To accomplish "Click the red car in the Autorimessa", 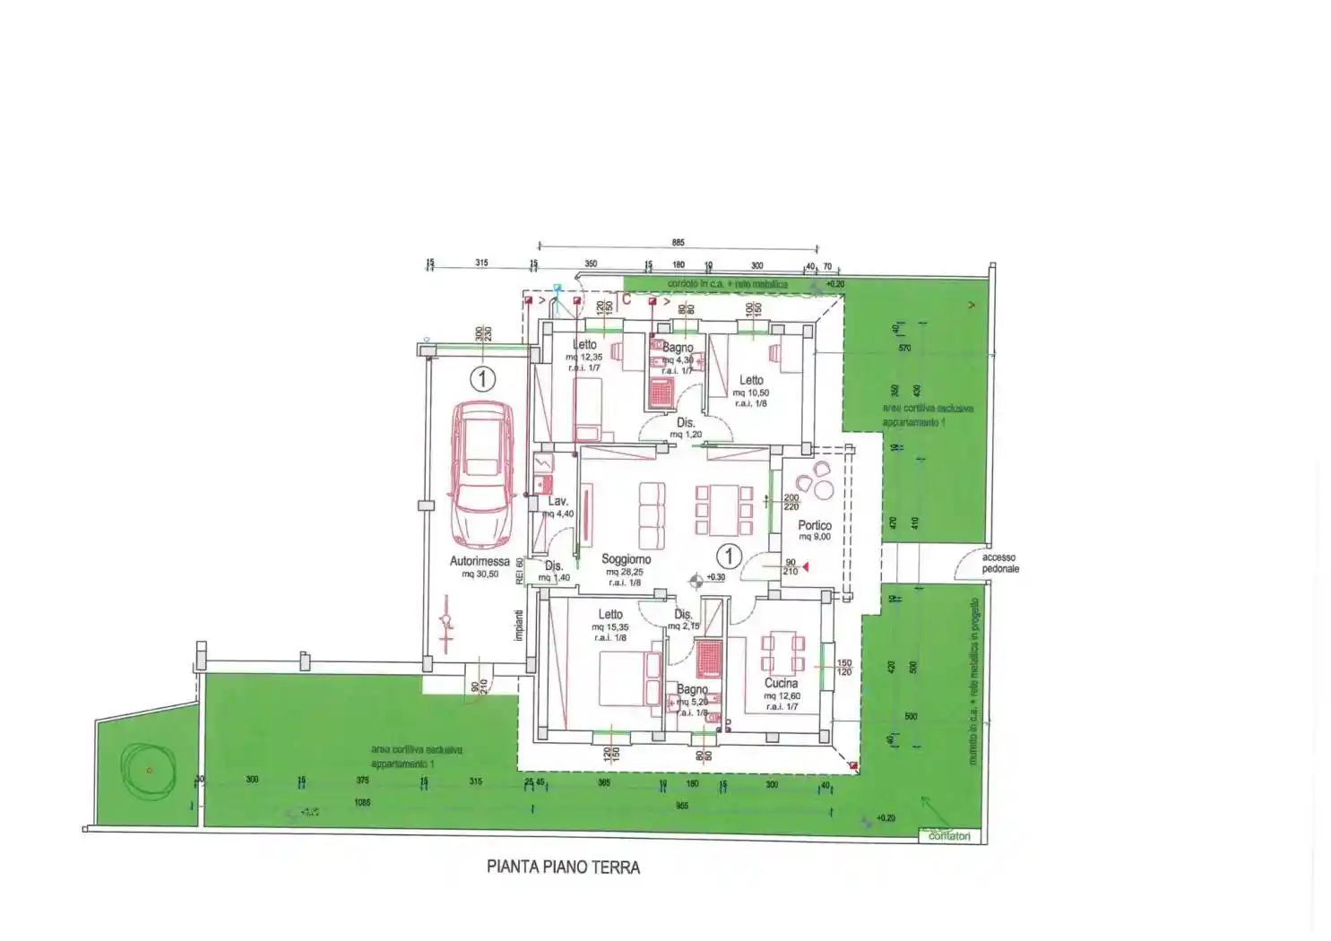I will [482, 475].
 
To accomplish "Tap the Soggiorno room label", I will [626, 559].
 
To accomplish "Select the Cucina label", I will [781, 683].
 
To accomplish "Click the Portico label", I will [815, 525].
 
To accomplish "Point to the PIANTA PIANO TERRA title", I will [563, 867].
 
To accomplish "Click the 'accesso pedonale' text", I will [999, 563].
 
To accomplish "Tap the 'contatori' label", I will [949, 836].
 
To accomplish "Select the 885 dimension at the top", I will [678, 243].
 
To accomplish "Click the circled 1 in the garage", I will [482, 379].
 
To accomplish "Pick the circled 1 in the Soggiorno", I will [729, 557].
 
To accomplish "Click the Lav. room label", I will [557, 502].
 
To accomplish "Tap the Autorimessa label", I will [480, 562].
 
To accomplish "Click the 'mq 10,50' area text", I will [750, 393].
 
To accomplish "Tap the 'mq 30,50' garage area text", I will [480, 574].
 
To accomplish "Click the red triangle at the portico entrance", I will [806, 566].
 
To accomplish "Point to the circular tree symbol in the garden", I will [148, 769].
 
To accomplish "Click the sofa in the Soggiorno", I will [652, 518].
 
